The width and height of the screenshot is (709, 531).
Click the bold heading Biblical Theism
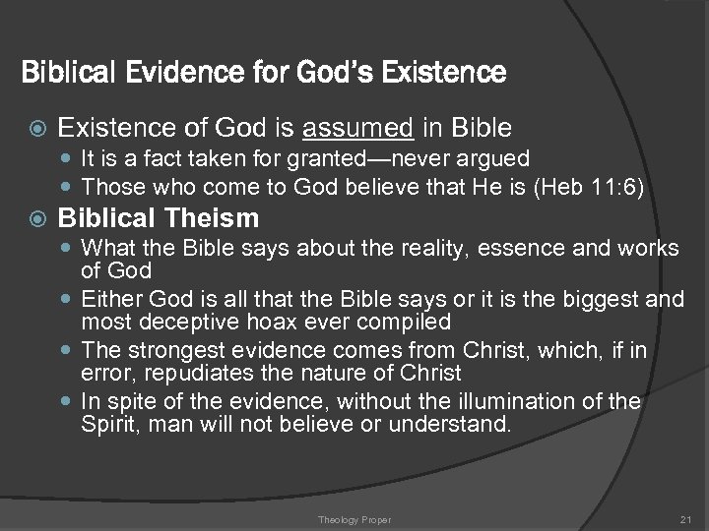(x=159, y=217)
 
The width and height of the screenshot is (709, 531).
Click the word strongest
(x=161, y=349)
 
